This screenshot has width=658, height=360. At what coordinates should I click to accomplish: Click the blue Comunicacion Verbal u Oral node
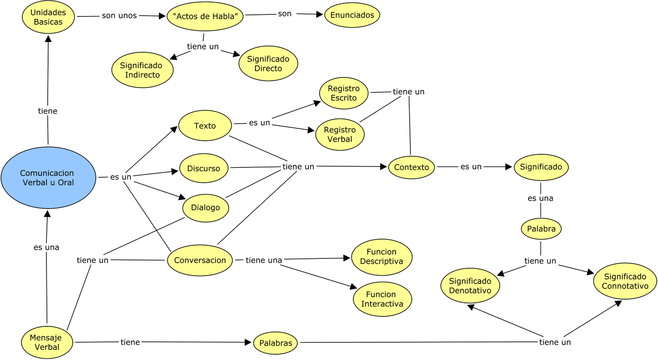coord(48,178)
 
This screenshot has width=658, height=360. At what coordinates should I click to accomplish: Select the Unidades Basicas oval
coord(48,17)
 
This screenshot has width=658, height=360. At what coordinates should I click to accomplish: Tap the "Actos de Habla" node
coord(205,16)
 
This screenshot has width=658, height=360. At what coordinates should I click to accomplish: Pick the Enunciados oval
coord(352,15)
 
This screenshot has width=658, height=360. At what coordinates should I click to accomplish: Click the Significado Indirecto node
coord(142,70)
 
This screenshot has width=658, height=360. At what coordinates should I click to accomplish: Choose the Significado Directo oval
coord(268,63)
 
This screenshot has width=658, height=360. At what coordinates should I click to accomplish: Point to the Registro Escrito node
coord(344,93)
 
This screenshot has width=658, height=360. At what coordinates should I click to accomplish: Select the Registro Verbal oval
coord(340,135)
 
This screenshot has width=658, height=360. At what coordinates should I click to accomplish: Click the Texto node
coord(205,126)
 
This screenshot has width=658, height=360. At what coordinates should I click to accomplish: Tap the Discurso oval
coord(204,168)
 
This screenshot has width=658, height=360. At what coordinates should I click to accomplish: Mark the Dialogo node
coord(205,208)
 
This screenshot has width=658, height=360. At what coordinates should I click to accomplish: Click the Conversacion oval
coord(200,260)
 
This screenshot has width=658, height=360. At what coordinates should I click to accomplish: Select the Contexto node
coord(411,167)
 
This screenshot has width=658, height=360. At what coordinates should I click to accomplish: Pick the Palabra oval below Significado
coord(541,229)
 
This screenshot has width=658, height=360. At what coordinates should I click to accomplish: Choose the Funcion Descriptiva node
coord(382,257)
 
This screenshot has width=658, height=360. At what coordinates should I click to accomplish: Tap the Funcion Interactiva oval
coord(382,299)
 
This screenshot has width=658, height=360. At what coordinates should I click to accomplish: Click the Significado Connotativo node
coord(625,281)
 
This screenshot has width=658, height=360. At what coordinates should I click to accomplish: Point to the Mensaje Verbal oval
coord(47,342)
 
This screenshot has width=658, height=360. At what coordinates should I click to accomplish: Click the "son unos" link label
coord(119,16)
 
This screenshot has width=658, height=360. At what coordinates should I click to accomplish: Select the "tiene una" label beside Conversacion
coord(264,260)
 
